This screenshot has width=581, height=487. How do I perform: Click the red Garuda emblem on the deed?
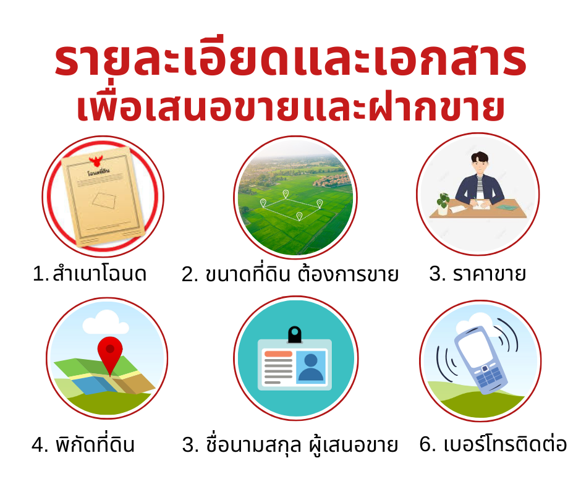click(96, 161)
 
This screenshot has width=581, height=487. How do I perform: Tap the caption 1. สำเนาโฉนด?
click(90, 274)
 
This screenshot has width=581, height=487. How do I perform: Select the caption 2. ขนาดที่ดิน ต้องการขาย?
click(290, 274)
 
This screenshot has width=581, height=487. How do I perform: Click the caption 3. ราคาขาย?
click(477, 274)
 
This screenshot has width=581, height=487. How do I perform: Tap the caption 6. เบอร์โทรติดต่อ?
click(493, 443)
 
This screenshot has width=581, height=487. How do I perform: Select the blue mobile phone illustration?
click(481, 360)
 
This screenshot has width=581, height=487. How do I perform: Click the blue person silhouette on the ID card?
click(310, 367)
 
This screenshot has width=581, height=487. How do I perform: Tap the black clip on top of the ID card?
click(295, 334)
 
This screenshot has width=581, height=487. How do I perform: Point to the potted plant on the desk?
click(443, 204)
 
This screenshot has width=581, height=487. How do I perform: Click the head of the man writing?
click(480, 163)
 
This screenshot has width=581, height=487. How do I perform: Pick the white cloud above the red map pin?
click(106, 323)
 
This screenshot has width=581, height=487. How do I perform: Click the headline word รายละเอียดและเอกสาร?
click(290, 60)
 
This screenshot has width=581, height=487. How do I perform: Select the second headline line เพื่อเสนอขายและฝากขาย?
click(290, 108)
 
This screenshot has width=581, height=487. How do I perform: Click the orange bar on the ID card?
click(278, 354)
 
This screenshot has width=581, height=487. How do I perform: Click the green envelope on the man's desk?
click(506, 207)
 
